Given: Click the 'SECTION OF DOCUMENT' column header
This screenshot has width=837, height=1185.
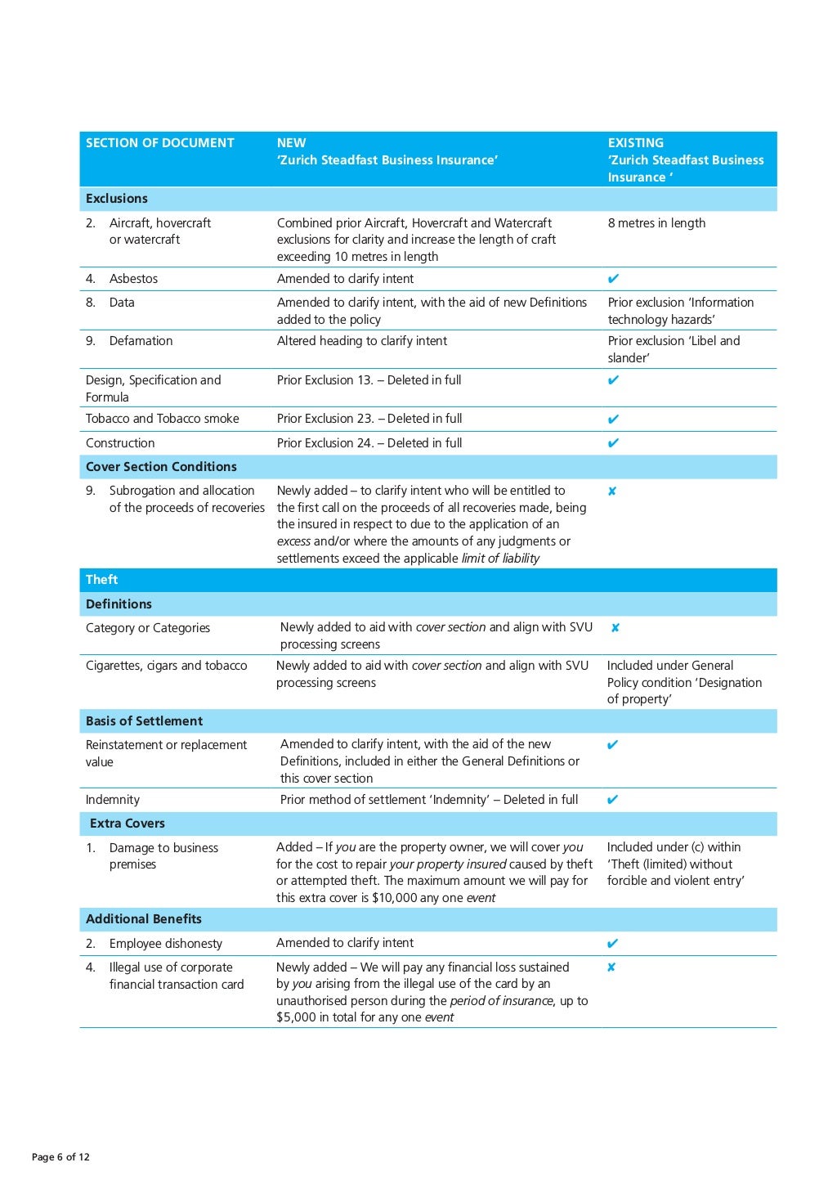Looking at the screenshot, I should [159, 143].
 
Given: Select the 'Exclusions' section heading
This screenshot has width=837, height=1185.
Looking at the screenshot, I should [117, 199].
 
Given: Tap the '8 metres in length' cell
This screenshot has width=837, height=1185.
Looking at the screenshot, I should [656, 223].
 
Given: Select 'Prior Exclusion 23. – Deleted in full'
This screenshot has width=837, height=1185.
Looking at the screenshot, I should [369, 419].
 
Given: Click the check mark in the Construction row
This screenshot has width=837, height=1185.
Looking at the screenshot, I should [613, 443].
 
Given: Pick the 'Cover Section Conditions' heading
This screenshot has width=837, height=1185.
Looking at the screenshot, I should [161, 467].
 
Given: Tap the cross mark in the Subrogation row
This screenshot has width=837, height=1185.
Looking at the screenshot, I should [612, 492].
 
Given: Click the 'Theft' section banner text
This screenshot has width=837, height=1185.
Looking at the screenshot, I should [101, 580].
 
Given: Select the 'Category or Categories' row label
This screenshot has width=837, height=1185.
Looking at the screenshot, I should [148, 628].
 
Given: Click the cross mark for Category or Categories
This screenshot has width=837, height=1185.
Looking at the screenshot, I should [615, 628].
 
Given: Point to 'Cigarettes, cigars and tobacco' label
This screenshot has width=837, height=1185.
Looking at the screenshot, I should [166, 666].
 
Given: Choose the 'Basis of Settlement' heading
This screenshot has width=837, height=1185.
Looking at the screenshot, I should [144, 721].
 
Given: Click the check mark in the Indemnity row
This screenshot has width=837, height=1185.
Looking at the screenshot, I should [613, 800].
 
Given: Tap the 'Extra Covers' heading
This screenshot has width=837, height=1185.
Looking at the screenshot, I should [128, 824].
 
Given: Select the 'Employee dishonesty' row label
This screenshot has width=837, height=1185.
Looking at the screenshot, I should [165, 944].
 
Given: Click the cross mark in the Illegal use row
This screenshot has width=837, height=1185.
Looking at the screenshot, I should [611, 967].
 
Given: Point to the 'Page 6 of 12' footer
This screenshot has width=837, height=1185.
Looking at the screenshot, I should [60, 1157].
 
